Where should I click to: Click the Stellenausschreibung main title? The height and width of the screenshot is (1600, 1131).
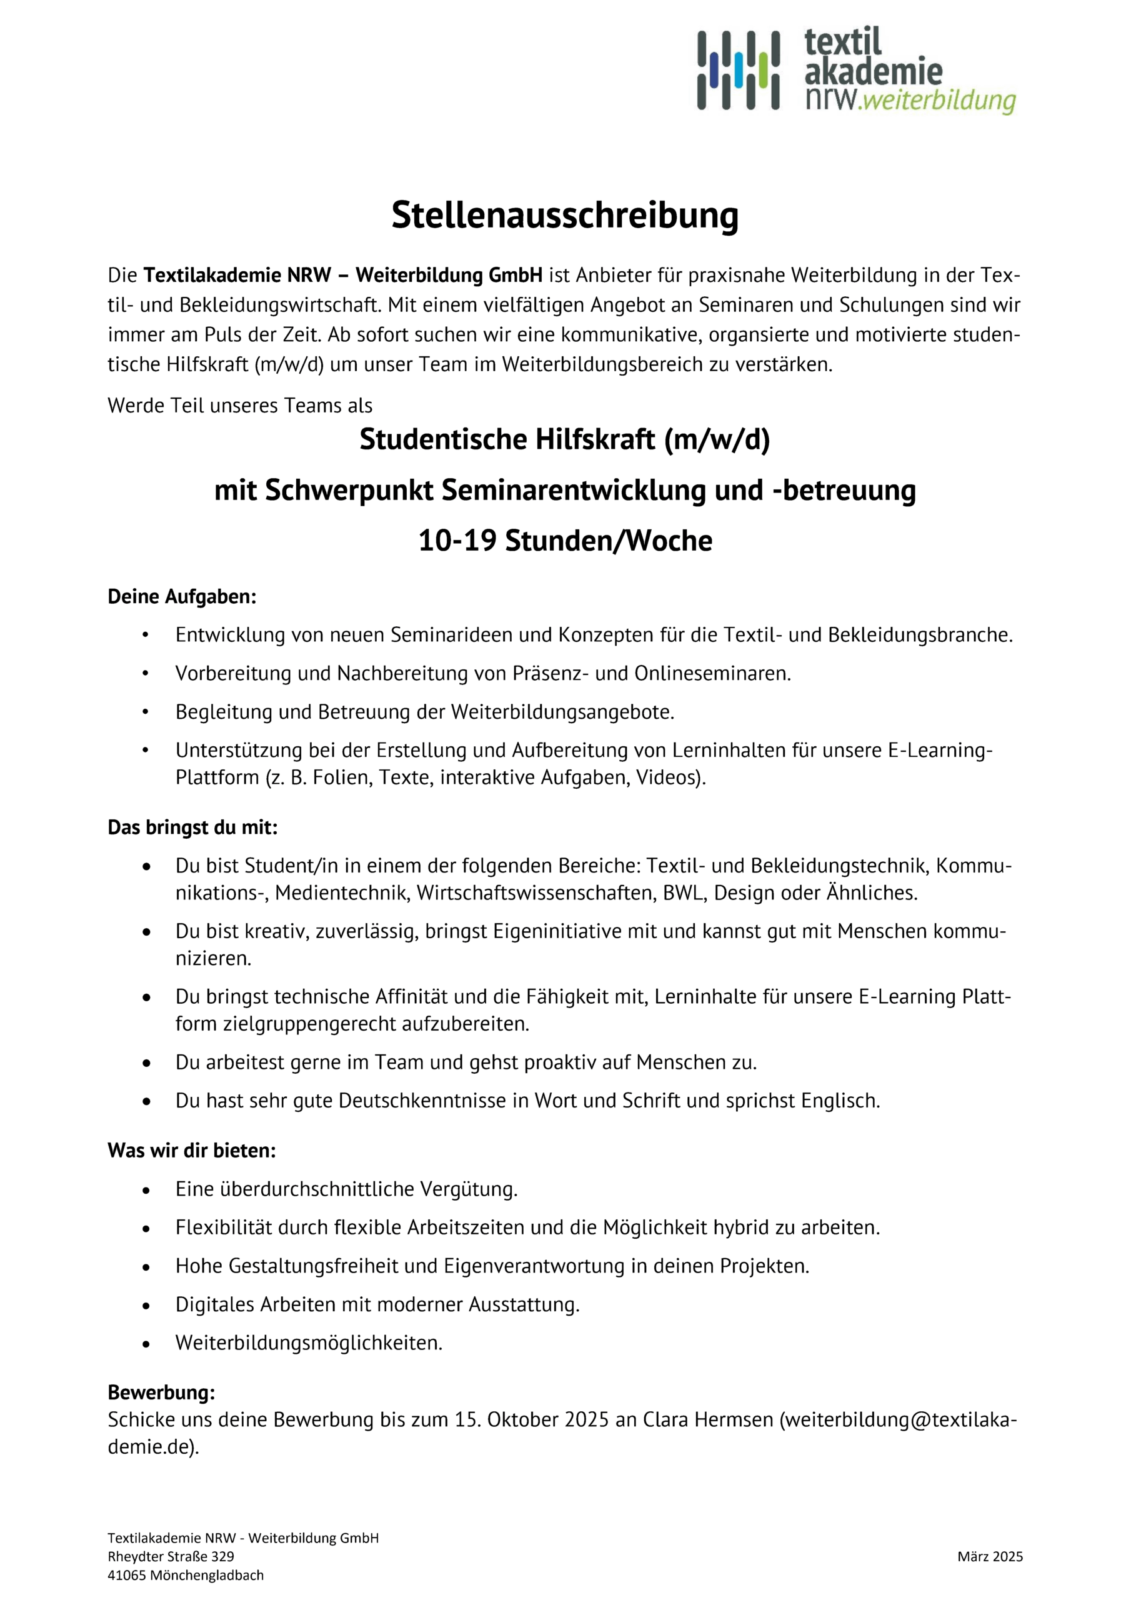click(x=564, y=216)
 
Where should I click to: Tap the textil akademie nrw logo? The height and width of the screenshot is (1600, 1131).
click(x=855, y=71)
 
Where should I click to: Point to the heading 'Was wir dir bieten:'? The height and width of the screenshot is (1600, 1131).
click(x=192, y=1151)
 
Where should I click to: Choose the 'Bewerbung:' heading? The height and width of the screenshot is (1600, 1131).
click(x=161, y=1393)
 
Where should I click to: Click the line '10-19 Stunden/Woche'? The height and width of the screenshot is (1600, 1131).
click(x=564, y=541)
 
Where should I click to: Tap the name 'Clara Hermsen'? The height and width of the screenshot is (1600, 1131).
click(x=707, y=1420)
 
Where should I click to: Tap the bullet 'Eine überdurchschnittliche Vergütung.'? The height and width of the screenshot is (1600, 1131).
click(x=346, y=1189)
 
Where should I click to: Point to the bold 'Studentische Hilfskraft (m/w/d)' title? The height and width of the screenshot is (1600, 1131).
click(x=564, y=440)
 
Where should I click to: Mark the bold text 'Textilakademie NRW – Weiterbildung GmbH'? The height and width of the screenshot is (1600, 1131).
click(x=343, y=275)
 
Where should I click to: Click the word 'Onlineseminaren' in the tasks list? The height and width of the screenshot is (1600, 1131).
click(x=711, y=674)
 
